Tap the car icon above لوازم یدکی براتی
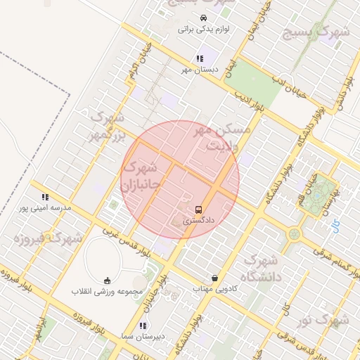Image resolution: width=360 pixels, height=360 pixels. (x=202, y=18)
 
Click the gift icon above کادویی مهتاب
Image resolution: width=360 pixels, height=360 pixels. (x=214, y=278)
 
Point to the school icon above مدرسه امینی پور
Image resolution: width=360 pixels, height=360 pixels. (x=46, y=198)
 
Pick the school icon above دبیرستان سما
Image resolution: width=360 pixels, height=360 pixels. (x=143, y=326)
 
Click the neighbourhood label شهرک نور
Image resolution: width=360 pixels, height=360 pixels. (x=323, y=321)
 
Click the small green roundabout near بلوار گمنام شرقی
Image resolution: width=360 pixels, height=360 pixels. (x=293, y=233)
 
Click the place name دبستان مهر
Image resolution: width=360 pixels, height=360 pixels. (x=200, y=70)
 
